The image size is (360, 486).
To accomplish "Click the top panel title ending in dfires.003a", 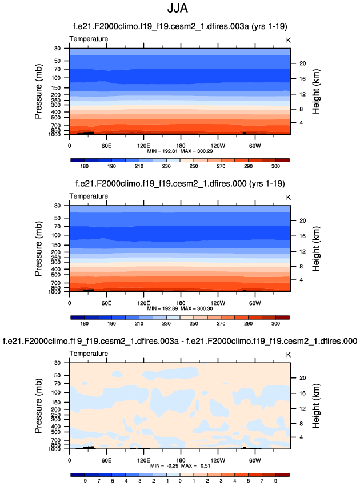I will (x=180, y=26).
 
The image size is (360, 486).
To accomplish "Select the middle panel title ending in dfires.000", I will (x=180, y=183).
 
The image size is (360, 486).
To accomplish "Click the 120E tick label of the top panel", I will (x=143, y=144).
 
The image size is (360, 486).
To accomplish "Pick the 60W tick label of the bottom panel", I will (x=255, y=459).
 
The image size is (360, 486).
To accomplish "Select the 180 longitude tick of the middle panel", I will (x=181, y=302).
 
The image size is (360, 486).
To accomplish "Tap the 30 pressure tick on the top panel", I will (x=58, y=48).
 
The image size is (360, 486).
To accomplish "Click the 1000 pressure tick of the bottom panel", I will (x=55, y=449).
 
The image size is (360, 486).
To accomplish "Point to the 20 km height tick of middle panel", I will (x=303, y=220).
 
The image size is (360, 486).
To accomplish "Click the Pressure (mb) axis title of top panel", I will (x=38, y=91).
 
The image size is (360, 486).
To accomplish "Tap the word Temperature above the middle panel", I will (x=89, y=196).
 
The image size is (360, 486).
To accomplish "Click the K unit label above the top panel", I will (x=289, y=39).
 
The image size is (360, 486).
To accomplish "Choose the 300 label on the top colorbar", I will (x=275, y=167).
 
